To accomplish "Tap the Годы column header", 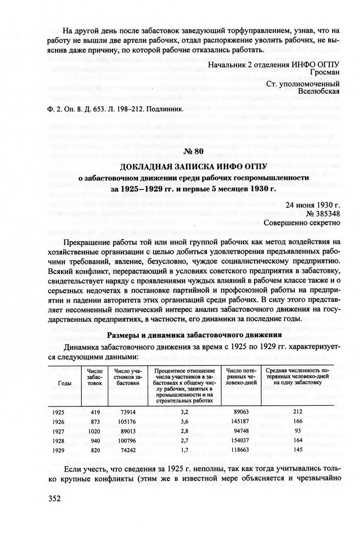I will click(64, 383).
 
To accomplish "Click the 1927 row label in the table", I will click(59, 432).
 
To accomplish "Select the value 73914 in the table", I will click(127, 412).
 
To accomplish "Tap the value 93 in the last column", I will click(298, 432).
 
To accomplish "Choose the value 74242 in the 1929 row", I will click(127, 451).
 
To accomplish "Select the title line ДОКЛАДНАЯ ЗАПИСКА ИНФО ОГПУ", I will click(194, 165).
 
